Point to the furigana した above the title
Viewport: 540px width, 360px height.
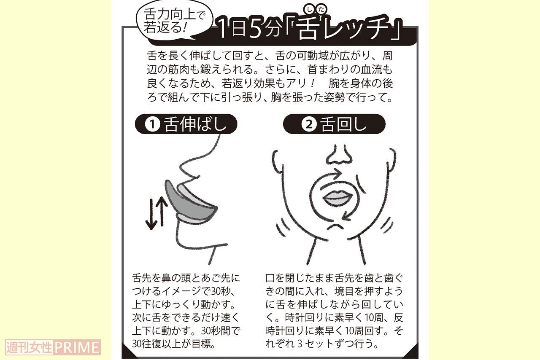pos(315,10)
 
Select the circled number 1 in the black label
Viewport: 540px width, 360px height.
pos(152,124)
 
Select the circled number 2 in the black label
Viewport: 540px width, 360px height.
pos(309,124)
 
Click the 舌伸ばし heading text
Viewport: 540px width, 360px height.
pos(195,124)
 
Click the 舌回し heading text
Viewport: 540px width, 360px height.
pos(343,124)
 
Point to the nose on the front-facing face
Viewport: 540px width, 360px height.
pos(339,156)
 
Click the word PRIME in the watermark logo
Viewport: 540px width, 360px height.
pos(77,347)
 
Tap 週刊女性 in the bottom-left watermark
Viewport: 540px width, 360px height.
pos(29,347)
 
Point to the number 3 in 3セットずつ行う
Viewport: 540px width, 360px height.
pos(300,344)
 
